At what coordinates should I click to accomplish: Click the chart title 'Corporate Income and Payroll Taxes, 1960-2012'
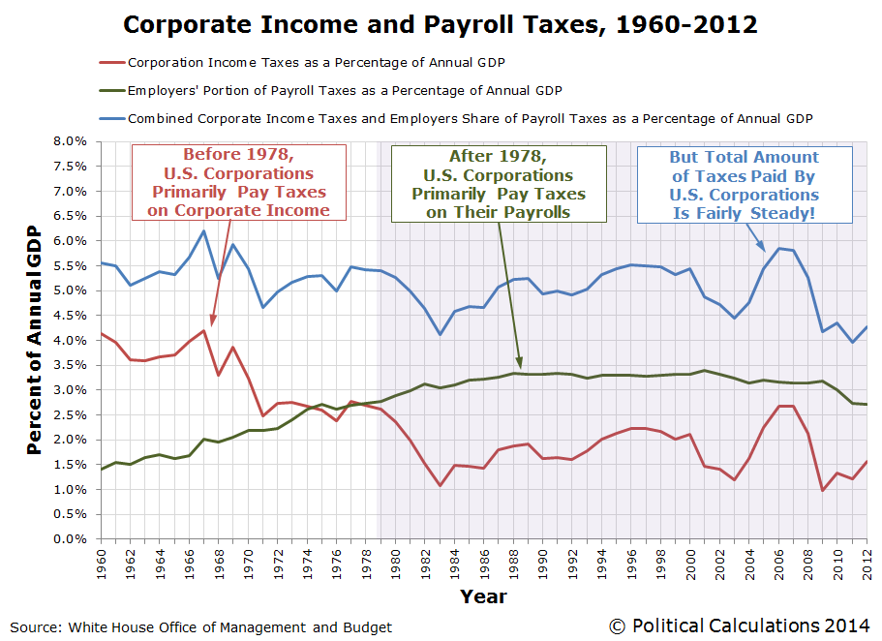[x=441, y=23]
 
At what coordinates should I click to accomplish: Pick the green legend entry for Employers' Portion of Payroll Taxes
[x=344, y=90]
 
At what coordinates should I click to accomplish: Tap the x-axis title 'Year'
[x=482, y=596]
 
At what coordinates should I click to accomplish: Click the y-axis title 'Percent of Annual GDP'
[x=34, y=341]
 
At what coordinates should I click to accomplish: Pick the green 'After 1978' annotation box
[x=498, y=184]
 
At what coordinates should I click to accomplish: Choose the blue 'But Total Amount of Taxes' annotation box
[x=744, y=184]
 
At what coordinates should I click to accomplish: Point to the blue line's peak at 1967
[x=203, y=230]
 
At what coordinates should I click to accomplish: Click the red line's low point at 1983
[x=440, y=485]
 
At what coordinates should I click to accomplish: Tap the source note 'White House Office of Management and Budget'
[x=200, y=627]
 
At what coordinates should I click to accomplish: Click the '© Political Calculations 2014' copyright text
[x=740, y=626]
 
